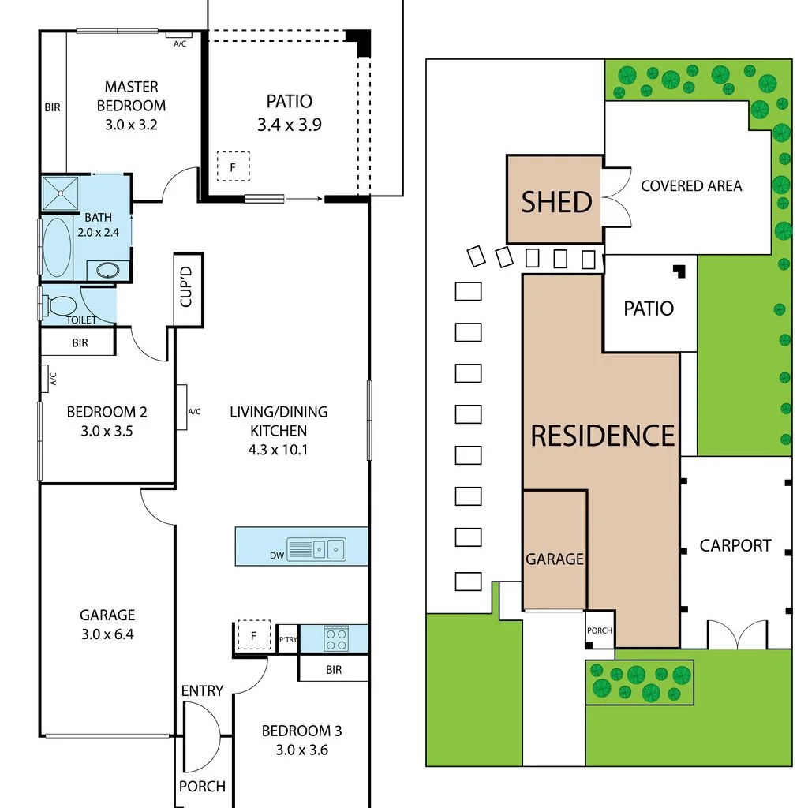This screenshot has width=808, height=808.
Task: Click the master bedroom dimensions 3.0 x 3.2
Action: (131, 125)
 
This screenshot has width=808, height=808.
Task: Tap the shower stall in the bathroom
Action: (61, 193)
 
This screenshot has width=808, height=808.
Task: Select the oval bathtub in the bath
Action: (57, 247)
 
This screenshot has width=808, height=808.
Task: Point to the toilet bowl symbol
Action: (60, 304)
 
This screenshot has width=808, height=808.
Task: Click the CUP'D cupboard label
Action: (188, 288)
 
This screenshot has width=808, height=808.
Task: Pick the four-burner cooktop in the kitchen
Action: (336, 638)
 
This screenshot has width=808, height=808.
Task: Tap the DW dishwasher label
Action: (276, 555)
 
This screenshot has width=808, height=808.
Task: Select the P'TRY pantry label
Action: (288, 639)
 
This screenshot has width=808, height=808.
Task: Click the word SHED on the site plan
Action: (556, 202)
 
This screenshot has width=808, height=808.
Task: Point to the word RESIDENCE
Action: (603, 436)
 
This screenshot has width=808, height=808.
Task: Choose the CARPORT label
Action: (735, 545)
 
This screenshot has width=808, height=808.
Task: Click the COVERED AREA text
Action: (691, 186)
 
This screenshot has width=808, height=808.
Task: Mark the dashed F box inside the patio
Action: (233, 166)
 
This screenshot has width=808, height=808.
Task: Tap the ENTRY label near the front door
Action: (202, 690)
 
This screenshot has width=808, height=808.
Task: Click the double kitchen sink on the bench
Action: (327, 548)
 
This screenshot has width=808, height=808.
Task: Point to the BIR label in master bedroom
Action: (52, 107)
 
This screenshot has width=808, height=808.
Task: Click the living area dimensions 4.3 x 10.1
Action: (279, 450)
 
